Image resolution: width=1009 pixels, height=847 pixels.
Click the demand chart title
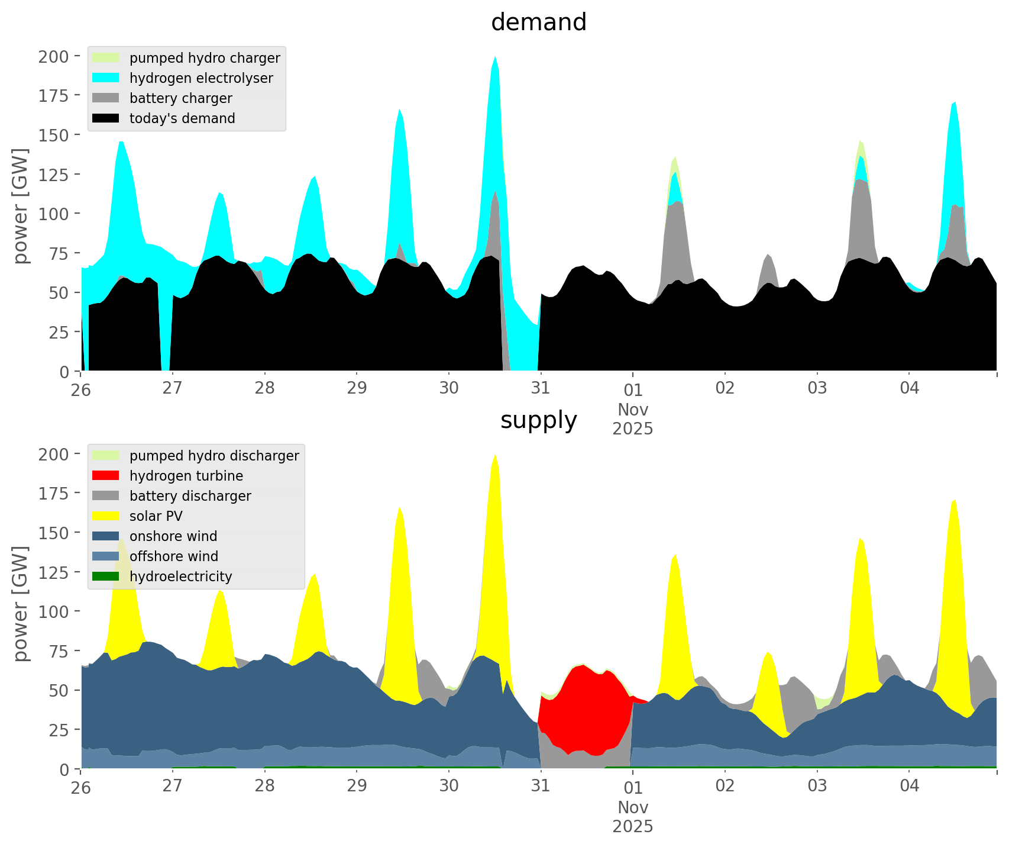pos(538,22)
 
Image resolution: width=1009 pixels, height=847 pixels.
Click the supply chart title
pos(538,420)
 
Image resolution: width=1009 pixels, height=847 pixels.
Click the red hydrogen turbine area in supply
pos(586,710)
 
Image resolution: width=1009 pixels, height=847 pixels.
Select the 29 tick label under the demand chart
pos(357,388)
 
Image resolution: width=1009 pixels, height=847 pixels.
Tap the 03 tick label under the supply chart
pos(817,786)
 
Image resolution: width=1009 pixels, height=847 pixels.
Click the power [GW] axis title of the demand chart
pos(21,206)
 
